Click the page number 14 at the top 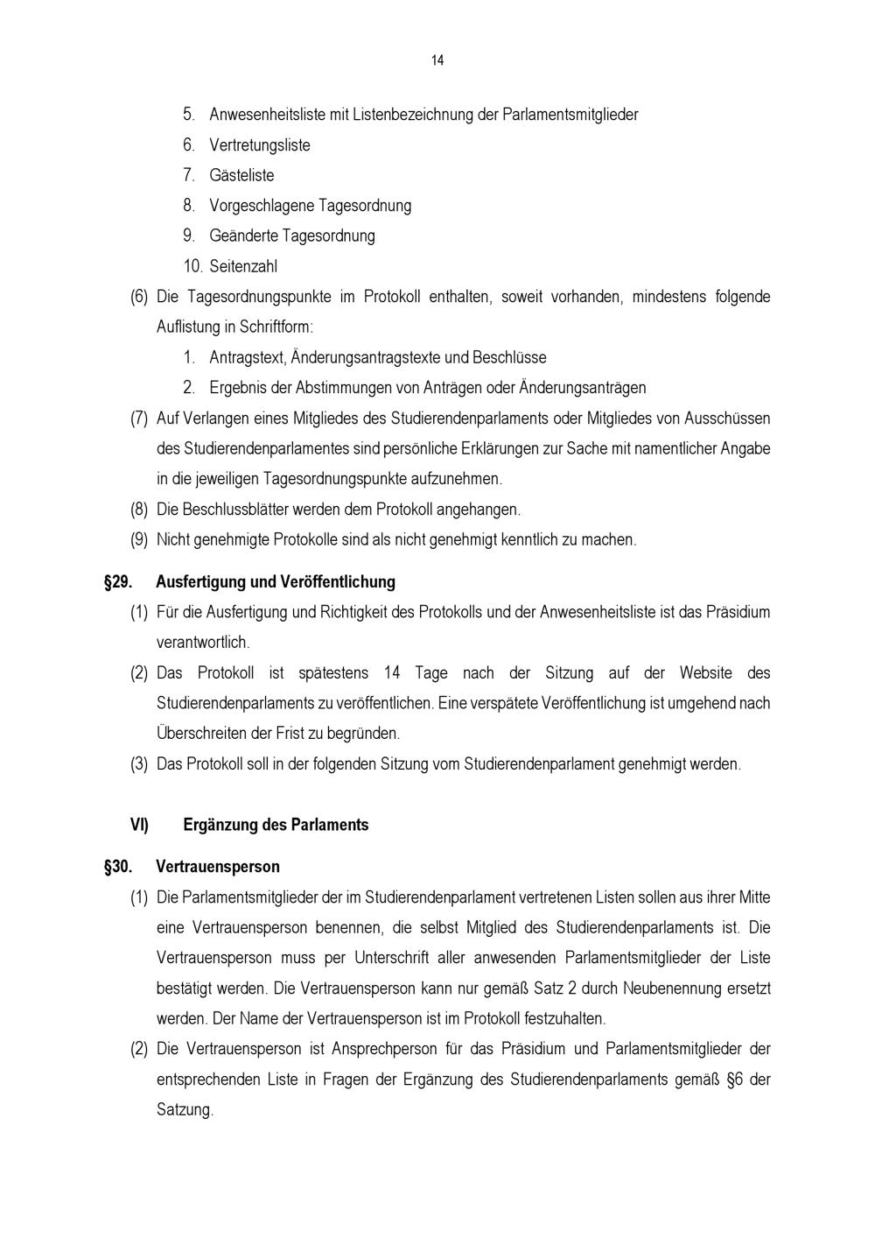pyautogui.click(x=437, y=60)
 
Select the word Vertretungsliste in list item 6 pyautogui.click(x=260, y=145)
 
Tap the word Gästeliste pyautogui.click(x=241, y=175)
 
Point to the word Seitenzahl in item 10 pyautogui.click(x=243, y=266)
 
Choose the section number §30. pyautogui.click(x=118, y=867)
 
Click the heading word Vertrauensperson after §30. pyautogui.click(x=218, y=867)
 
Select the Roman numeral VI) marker pyautogui.click(x=139, y=825)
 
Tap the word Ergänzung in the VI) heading pyautogui.click(x=220, y=825)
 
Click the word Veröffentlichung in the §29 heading pyautogui.click(x=338, y=582)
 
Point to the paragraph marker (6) pyautogui.click(x=139, y=297)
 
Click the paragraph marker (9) pyautogui.click(x=139, y=540)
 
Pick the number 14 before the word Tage pyautogui.click(x=392, y=673)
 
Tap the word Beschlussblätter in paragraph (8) pyautogui.click(x=235, y=510)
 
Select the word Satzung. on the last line pyautogui.click(x=185, y=1110)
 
